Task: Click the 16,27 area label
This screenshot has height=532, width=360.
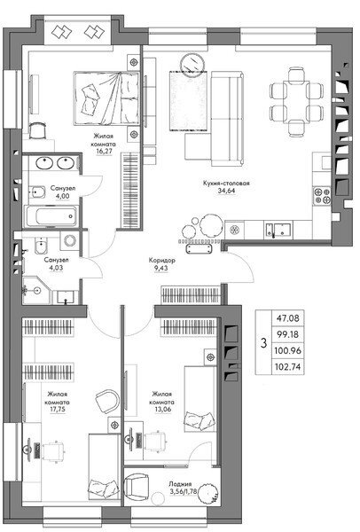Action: coord(104,151)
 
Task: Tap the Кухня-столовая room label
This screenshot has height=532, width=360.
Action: coord(226,184)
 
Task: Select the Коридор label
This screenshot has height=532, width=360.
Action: coord(162,261)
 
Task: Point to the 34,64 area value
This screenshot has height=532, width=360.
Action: coord(226,191)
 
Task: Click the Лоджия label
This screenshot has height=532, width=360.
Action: coord(180,484)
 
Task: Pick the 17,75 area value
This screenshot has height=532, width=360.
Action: coord(58,410)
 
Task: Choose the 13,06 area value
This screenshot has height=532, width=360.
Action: coord(162,410)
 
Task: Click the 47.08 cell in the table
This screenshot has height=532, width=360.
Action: coord(288,318)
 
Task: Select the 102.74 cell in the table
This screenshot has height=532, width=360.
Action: coord(288,367)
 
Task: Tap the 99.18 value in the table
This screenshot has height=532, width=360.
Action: coord(288,334)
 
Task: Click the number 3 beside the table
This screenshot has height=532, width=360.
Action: coord(263,343)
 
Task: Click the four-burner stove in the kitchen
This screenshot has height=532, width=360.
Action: coord(322,195)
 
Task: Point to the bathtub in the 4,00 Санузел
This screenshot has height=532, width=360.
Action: coord(52,216)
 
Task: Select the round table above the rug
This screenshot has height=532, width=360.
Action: coord(192,64)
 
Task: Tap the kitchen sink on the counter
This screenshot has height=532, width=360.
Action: coord(278,230)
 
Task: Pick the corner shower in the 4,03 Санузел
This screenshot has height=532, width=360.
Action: coord(36,291)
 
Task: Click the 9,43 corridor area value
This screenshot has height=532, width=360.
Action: coord(160,268)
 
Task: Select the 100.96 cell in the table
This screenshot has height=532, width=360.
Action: coord(288,350)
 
